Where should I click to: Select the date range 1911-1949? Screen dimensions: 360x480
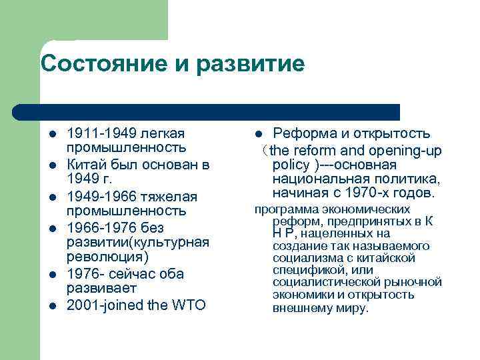coord(100,133)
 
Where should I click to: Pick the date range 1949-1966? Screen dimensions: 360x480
coord(100,197)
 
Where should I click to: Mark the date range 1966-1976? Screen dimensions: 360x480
coord(100,229)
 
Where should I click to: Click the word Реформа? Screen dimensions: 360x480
coord(308,133)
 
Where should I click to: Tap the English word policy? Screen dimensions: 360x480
coord(291,165)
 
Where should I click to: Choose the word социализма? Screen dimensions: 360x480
coord(306,258)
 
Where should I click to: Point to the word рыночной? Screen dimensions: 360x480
coord(414,283)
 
